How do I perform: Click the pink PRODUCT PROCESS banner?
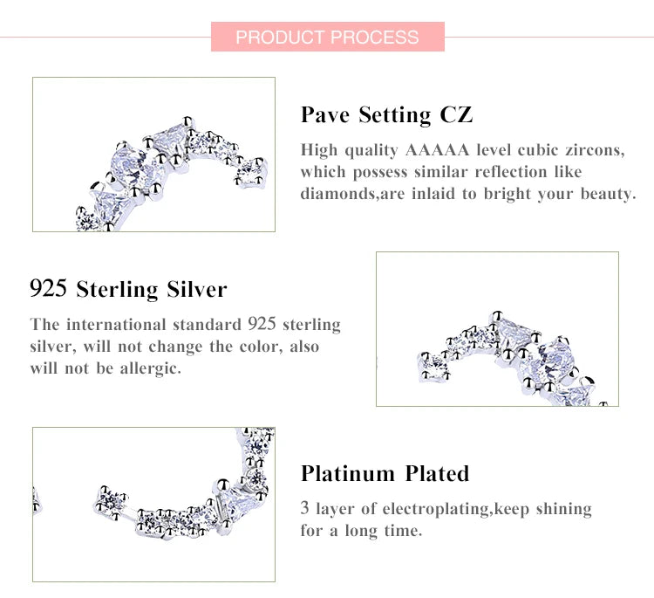(x=327, y=37)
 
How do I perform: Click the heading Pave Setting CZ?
(x=386, y=115)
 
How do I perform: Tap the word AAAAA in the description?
(x=437, y=150)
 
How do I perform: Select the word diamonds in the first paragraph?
(x=337, y=194)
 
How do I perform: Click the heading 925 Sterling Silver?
(x=128, y=289)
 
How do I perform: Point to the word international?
(x=116, y=325)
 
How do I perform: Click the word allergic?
(x=150, y=368)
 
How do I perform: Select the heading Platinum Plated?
(x=385, y=473)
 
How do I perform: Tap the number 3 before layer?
(x=305, y=508)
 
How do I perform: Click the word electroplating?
(x=434, y=509)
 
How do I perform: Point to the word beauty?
(x=608, y=194)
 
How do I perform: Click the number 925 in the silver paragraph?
(x=262, y=324)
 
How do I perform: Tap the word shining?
(x=563, y=509)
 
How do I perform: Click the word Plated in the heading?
(x=437, y=473)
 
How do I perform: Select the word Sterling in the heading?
(x=117, y=289)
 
